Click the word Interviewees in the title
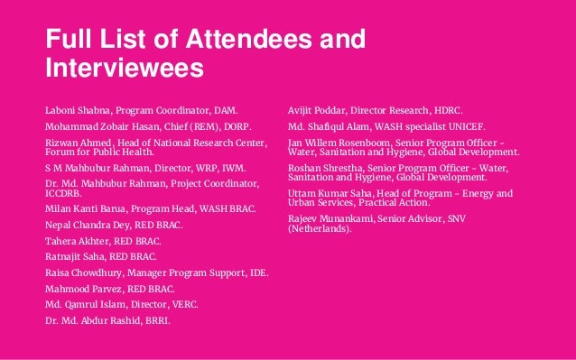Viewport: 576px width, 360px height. click(x=125, y=69)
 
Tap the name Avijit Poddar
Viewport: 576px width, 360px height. click(x=316, y=109)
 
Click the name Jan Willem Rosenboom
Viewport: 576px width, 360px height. click(x=346, y=143)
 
